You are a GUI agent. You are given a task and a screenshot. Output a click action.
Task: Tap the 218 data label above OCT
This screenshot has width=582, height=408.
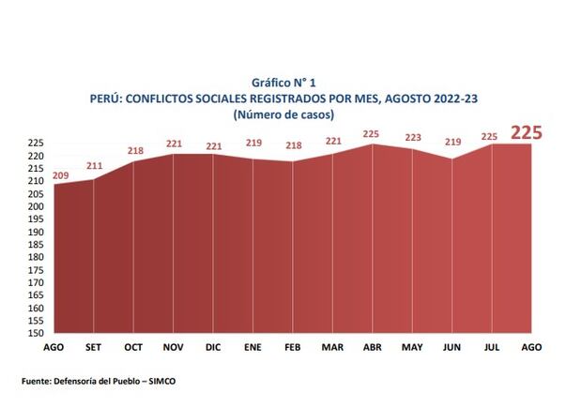click(136, 151)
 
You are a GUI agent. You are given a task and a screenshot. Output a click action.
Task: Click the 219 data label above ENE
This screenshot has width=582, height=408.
click(253, 144)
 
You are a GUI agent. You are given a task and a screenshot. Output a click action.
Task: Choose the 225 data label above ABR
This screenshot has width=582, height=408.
click(373, 133)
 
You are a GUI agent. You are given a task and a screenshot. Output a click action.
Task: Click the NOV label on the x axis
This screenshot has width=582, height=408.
click(174, 346)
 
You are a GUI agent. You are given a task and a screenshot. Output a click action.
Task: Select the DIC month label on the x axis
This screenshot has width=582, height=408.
click(213, 346)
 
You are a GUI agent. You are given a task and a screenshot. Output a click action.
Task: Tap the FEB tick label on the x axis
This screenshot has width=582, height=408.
click(292, 346)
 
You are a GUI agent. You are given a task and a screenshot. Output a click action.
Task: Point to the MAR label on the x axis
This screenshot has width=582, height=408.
click(332, 346)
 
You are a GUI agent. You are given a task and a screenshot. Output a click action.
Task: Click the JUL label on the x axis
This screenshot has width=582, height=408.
click(491, 346)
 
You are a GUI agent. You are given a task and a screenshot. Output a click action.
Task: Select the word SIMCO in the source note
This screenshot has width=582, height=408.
click(162, 381)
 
